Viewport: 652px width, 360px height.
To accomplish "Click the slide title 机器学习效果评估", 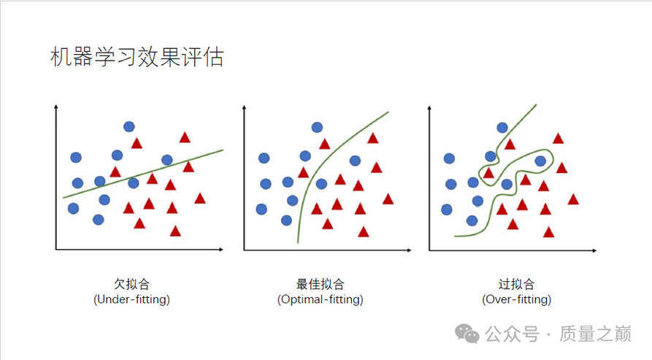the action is [x=137, y=56].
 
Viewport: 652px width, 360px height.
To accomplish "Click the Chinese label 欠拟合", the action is [x=132, y=284].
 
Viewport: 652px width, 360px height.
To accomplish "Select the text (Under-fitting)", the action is [x=132, y=299].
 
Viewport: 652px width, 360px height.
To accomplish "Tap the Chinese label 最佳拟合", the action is [x=321, y=284].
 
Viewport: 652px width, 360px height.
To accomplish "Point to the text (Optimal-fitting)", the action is [x=321, y=299].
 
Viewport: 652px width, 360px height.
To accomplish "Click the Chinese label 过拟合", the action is [x=516, y=284].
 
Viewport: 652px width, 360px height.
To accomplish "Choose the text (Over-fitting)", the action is [x=516, y=299].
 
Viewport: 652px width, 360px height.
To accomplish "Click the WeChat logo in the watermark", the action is [x=467, y=334].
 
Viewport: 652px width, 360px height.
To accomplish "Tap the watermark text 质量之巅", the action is [x=596, y=334].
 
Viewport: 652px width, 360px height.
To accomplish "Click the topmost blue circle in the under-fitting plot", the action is [x=129, y=126].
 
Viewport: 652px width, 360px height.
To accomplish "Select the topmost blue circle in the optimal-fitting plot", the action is [x=318, y=127].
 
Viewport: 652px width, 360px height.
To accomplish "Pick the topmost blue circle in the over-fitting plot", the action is [x=502, y=128].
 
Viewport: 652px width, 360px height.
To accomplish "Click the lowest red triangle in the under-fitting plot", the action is [x=175, y=231].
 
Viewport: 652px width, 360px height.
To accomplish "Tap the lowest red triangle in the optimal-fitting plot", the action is [x=364, y=232].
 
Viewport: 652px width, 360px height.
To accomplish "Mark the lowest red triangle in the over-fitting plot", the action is [x=549, y=232].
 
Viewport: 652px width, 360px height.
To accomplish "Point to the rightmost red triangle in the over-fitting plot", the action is [x=573, y=200].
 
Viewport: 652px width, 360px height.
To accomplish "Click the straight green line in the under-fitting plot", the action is [x=143, y=174].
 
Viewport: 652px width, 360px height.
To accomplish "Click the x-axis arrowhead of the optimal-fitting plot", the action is [x=409, y=250].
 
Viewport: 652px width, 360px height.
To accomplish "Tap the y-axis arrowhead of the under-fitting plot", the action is [x=55, y=107].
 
